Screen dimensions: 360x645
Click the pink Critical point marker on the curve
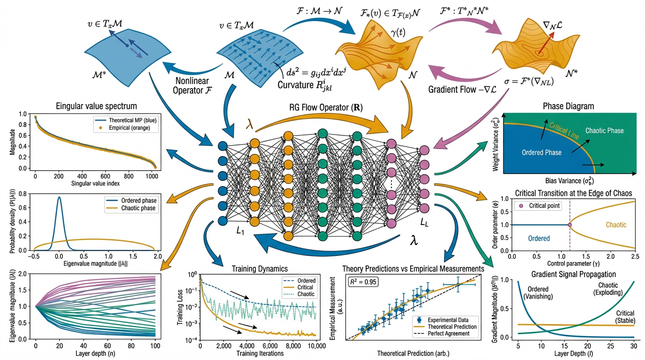pos(570,225)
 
